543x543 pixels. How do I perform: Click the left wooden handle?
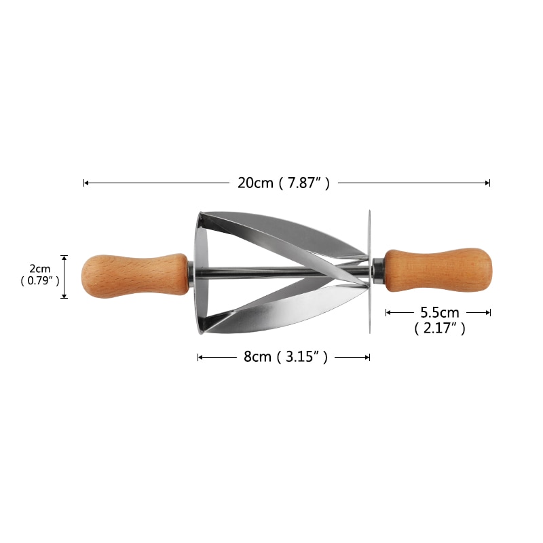pos(134,276)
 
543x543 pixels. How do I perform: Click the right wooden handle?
pos(438,270)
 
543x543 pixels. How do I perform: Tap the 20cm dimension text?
pos(255,183)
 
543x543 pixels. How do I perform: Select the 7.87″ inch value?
pos(303,183)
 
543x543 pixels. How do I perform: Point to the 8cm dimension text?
pos(258,357)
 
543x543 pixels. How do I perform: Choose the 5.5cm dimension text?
pos(440,312)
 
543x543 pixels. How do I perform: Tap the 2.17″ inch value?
pos(440,329)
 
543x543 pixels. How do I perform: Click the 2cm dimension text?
pos(40,269)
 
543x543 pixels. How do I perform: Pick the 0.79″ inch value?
pos(40,280)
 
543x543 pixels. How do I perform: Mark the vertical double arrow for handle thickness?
pos(64,276)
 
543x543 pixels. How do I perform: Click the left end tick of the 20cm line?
pos(84,183)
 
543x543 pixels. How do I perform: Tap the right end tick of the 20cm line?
pos(489,183)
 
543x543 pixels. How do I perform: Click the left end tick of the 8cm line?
pos(198,357)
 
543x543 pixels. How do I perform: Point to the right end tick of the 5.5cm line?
pos(489,312)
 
